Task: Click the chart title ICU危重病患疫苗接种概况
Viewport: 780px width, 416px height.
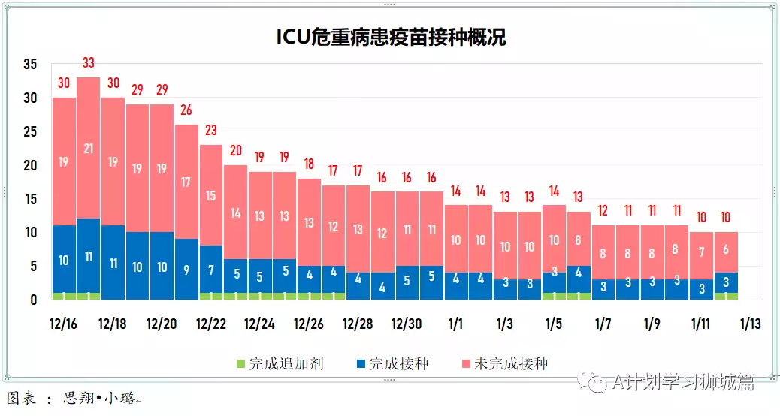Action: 391,38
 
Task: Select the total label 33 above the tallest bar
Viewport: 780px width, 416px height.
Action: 88,63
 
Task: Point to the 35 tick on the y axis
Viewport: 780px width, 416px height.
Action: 29,65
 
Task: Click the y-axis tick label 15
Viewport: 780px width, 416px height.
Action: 29,199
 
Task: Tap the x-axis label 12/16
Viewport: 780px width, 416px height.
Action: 63,324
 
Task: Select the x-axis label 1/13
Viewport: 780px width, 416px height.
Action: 750,324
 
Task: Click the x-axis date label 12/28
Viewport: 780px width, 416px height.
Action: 358,324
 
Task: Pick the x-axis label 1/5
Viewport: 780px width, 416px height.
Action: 554,324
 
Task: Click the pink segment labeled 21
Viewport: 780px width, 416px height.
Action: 88,148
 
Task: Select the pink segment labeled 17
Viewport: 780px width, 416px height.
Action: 186,182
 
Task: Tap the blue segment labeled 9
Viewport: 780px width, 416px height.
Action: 186,269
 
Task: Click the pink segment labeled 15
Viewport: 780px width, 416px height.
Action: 211,195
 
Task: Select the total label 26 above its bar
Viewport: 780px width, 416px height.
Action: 186,110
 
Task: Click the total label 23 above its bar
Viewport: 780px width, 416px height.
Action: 211,131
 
